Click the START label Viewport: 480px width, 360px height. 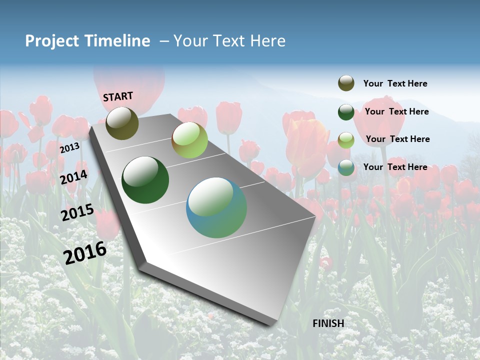click(118, 96)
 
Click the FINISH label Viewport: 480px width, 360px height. click(328, 323)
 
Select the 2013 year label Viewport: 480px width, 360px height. click(69, 148)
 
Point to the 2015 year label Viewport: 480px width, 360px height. click(77, 212)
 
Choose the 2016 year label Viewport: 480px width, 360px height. click(85, 252)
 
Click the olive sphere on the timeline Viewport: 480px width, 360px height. click(122, 123)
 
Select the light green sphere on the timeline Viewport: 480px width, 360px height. click(189, 140)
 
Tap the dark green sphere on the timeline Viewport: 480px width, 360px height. click(145, 180)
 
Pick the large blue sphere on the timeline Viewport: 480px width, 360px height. click(216, 207)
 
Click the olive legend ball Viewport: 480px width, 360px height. click(346, 83)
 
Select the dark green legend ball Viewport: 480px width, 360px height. click(346, 112)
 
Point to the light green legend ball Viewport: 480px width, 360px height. click(346, 139)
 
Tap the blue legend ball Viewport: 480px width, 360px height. click(346, 167)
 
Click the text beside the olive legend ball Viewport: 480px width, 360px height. click(395, 83)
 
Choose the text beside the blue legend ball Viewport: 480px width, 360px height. click(395, 167)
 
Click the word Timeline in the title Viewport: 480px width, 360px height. click(117, 41)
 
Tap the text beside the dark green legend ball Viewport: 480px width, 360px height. click(396, 111)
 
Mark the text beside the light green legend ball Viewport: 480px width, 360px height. click(397, 139)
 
